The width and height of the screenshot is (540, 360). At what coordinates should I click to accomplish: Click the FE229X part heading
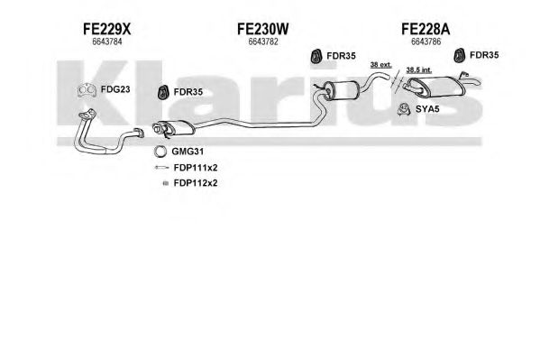pyautogui.click(x=106, y=29)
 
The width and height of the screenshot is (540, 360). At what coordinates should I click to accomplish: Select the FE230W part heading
pyautogui.click(x=262, y=29)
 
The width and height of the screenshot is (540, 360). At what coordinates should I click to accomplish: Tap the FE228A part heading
pyautogui.click(x=426, y=29)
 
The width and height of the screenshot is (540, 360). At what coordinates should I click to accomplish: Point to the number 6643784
pyautogui.click(x=107, y=42)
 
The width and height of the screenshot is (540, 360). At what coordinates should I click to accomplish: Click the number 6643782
pyautogui.click(x=263, y=42)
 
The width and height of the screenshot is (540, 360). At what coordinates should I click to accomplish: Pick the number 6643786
pyautogui.click(x=426, y=42)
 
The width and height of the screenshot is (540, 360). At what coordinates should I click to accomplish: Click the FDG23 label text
pyautogui.click(x=115, y=89)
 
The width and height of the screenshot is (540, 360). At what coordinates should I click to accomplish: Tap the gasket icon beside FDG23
pyautogui.click(x=87, y=90)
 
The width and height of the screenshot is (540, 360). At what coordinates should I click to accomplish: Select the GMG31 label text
pyautogui.click(x=188, y=152)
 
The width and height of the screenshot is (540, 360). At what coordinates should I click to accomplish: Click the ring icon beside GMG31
pyautogui.click(x=160, y=152)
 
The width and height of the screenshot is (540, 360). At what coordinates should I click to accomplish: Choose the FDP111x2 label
pyautogui.click(x=196, y=168)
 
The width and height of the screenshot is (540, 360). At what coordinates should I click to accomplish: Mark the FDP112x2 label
pyautogui.click(x=196, y=183)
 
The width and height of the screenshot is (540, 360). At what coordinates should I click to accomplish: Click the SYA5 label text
pyautogui.click(x=427, y=109)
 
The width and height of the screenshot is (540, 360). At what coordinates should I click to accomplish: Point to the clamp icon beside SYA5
pyautogui.click(x=403, y=109)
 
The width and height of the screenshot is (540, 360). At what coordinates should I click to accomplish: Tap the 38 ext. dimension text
pyautogui.click(x=381, y=64)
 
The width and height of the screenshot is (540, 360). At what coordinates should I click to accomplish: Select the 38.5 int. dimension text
pyautogui.click(x=419, y=70)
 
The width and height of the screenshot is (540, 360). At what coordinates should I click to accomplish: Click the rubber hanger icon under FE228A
pyautogui.click(x=459, y=56)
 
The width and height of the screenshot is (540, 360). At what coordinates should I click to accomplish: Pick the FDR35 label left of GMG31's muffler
pyautogui.click(x=188, y=92)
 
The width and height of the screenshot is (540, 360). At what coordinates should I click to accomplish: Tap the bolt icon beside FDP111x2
pyautogui.click(x=162, y=168)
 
